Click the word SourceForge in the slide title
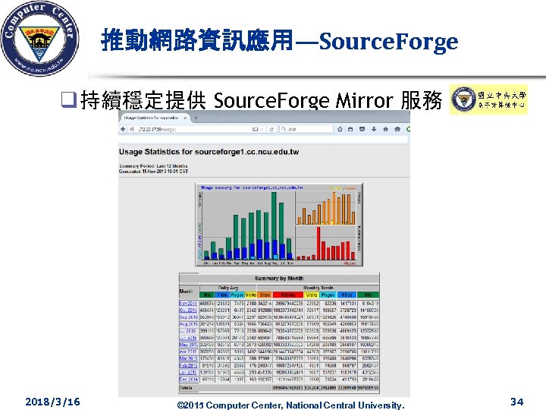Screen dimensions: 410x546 389,41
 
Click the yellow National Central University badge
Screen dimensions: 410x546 488,99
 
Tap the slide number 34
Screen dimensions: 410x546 516,401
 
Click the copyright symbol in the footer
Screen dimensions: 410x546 180,405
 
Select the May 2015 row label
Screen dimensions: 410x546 187,344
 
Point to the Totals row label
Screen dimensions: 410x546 186,386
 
